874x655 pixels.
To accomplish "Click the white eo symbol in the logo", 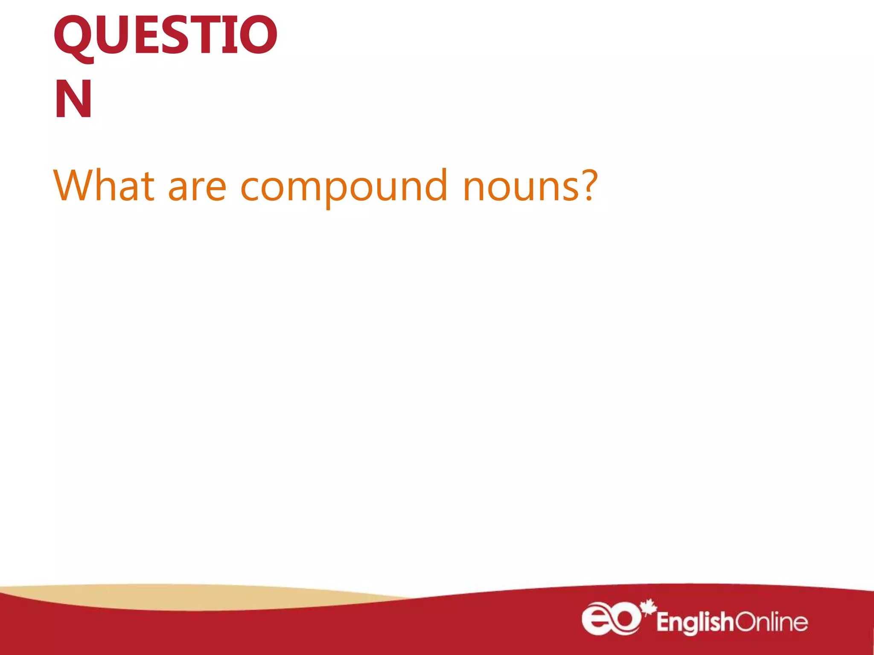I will [x=611, y=619].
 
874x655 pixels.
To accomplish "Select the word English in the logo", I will [x=695, y=622].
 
